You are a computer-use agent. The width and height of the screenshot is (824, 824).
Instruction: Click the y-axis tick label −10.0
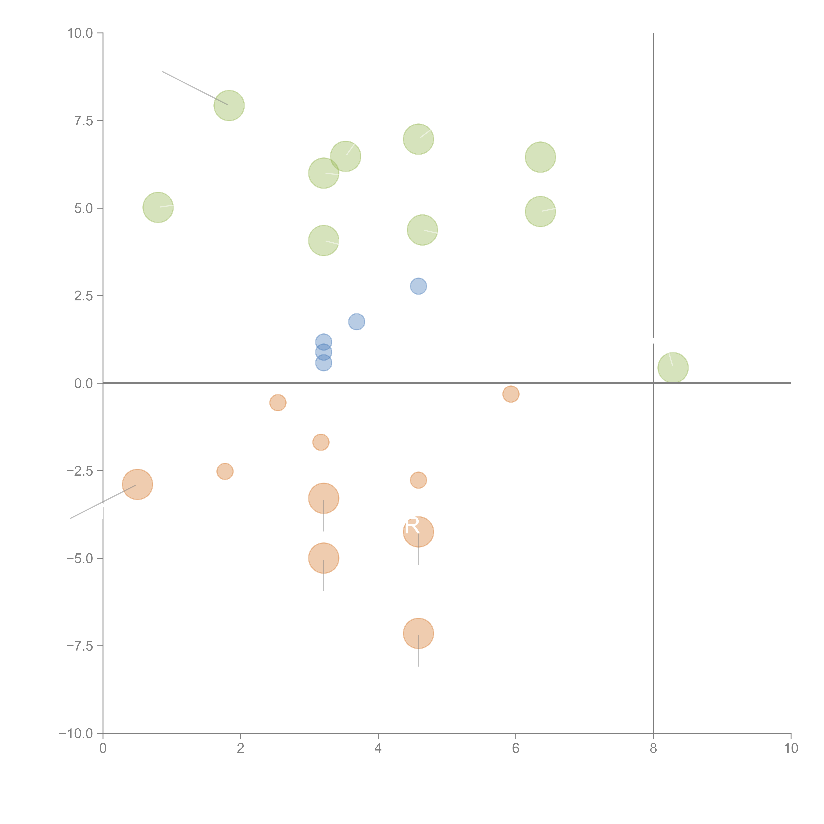tap(76, 734)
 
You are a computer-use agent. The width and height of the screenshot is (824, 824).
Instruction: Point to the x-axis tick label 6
tap(516, 749)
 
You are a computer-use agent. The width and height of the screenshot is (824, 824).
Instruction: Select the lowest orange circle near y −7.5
tap(418, 633)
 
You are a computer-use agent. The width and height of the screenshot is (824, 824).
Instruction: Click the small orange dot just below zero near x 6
tap(511, 394)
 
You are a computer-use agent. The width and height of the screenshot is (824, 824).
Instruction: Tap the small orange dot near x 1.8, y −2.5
tap(225, 471)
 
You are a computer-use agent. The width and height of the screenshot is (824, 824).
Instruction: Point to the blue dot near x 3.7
tap(357, 322)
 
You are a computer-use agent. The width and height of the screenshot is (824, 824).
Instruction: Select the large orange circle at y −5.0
tap(324, 558)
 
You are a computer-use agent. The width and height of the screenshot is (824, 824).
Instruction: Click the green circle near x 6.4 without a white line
tap(540, 157)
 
